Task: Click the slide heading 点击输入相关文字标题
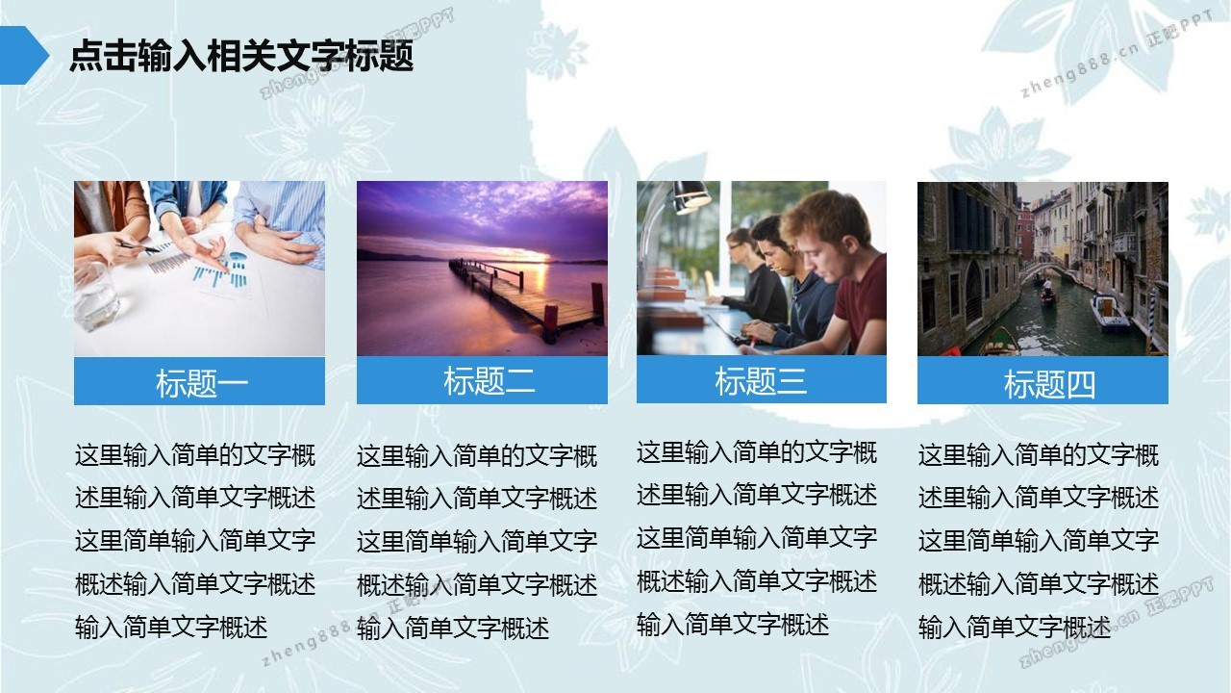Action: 241,56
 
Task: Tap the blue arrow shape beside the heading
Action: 23,56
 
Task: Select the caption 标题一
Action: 202,383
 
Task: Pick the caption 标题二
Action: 490,380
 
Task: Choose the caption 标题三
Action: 761,380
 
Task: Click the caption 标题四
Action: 1049,383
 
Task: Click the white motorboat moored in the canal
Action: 1109,312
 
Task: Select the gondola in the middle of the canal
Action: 1048,295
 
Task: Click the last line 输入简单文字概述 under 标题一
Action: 171,627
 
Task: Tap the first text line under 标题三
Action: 756,452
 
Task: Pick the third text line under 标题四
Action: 1038,540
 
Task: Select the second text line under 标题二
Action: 476,499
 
